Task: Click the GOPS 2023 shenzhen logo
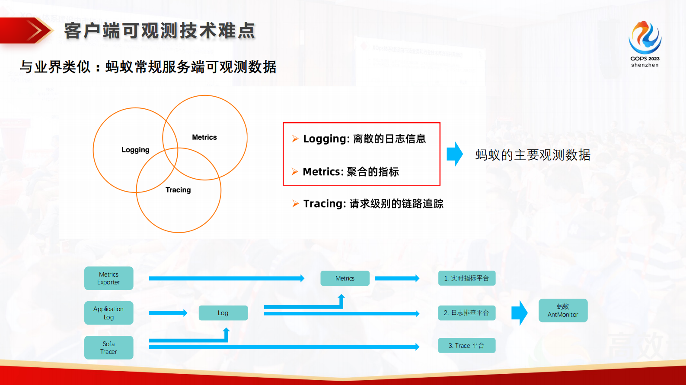(x=645, y=43)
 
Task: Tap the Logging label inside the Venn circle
(x=135, y=150)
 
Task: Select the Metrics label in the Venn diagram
(x=204, y=137)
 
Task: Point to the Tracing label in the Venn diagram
(x=178, y=190)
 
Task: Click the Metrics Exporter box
(x=108, y=278)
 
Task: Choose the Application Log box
(x=108, y=313)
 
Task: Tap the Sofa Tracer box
(x=108, y=347)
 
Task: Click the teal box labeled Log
(x=223, y=313)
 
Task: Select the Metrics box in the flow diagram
(x=345, y=278)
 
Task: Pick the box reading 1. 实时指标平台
(x=466, y=278)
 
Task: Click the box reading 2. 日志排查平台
(x=466, y=313)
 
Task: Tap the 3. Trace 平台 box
(x=466, y=346)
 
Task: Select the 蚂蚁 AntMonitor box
(x=563, y=310)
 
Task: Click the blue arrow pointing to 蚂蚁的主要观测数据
(x=455, y=154)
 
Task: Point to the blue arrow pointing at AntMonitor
(x=520, y=313)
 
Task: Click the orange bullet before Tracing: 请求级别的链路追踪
(x=295, y=204)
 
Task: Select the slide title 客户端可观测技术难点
(x=160, y=31)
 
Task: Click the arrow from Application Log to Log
(x=168, y=313)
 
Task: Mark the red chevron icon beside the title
(x=35, y=31)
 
